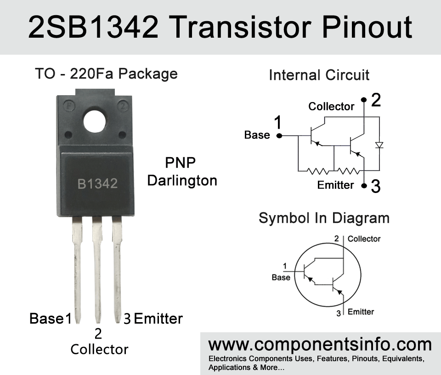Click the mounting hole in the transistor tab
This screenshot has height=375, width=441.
point(95,121)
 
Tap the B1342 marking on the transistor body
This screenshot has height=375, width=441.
point(97,184)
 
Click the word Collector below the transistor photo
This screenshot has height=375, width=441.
point(99,349)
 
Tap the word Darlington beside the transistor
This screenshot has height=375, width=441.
point(182,181)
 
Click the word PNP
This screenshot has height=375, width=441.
point(180,163)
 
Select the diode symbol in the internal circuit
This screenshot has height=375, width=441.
point(379,145)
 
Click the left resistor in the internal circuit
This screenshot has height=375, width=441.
point(317,171)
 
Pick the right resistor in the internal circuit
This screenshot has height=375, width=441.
point(348,171)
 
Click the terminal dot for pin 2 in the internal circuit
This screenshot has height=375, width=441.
point(364,100)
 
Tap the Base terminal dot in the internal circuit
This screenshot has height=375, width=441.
point(279,136)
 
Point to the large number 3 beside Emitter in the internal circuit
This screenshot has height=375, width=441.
point(376,186)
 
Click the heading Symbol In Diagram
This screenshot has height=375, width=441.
point(324,218)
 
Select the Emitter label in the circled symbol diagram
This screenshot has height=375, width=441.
point(361,312)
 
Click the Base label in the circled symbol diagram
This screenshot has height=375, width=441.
point(281,278)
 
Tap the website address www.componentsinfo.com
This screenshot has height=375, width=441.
point(320,344)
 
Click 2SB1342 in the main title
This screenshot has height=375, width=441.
point(93,27)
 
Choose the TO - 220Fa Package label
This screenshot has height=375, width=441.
point(106,74)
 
